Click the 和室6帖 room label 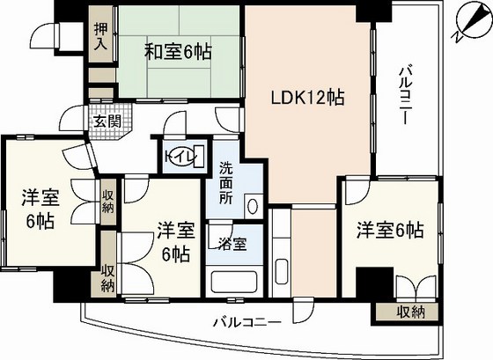pos(178,52)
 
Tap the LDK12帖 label pos(308,98)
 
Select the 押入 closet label pos(101,36)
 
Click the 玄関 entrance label pos(107,121)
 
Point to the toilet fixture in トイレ pos(199,157)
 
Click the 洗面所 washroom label pos(225,183)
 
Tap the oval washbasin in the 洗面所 pos(253,206)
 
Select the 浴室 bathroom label pos(233,244)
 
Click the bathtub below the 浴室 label pos(233,282)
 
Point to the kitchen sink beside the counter pos(282,271)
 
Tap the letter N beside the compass pos(457,37)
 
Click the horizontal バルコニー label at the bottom pos(247,322)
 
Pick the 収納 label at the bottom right pos(410,312)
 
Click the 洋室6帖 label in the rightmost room pos(390,231)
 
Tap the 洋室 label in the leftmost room pos(40,198)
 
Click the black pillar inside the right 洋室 pos(375,282)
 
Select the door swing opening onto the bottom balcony pos(300,311)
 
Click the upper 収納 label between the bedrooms pos(108,201)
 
